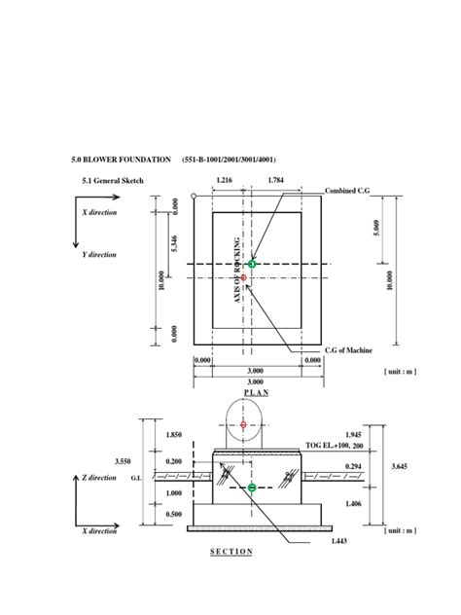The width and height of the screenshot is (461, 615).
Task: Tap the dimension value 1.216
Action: [224, 181]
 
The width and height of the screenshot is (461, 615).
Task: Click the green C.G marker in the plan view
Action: [253, 264]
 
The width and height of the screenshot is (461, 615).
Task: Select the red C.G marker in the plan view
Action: [244, 278]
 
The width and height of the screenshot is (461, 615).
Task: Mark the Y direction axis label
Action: [101, 255]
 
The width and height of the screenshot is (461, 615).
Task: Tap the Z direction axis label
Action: [101, 479]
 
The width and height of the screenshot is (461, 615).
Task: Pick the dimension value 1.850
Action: [175, 434]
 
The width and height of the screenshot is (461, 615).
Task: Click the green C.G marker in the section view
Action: [253, 488]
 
